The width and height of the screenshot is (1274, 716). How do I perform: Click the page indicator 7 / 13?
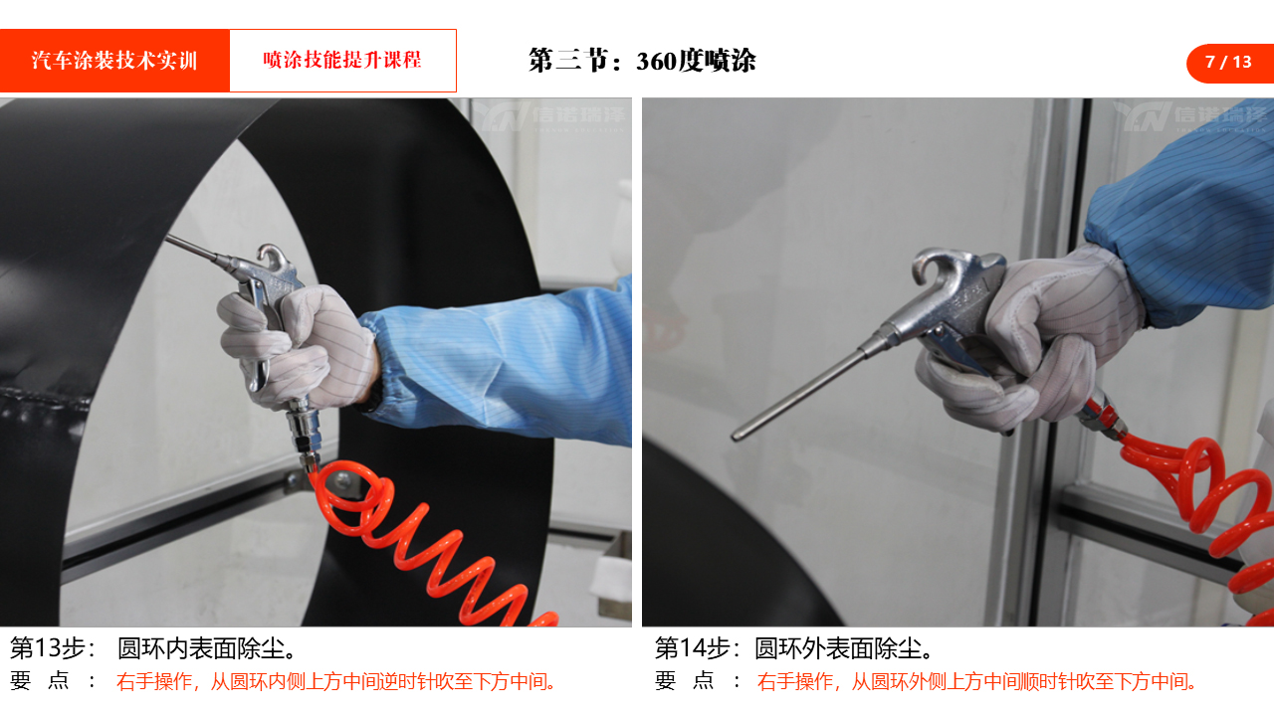click(x=1228, y=62)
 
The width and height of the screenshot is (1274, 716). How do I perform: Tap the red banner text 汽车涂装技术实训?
click(x=114, y=61)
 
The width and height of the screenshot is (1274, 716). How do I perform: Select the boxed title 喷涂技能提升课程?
click(x=342, y=60)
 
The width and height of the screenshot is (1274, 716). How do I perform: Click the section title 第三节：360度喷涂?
click(x=642, y=61)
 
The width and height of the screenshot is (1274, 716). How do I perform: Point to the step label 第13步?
click(x=48, y=648)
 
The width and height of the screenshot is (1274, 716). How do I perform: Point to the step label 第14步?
click(x=692, y=648)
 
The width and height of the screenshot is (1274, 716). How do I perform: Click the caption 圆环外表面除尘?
click(x=844, y=648)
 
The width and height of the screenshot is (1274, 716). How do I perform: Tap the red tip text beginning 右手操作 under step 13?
click(x=336, y=681)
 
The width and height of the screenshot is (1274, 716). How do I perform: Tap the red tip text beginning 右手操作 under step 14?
click(x=977, y=681)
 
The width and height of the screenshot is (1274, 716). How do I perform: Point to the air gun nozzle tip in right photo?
click(x=736, y=436)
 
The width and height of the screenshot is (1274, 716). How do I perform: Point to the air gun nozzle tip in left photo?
click(x=168, y=238)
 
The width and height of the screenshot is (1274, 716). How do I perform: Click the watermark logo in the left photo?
click(x=549, y=116)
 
